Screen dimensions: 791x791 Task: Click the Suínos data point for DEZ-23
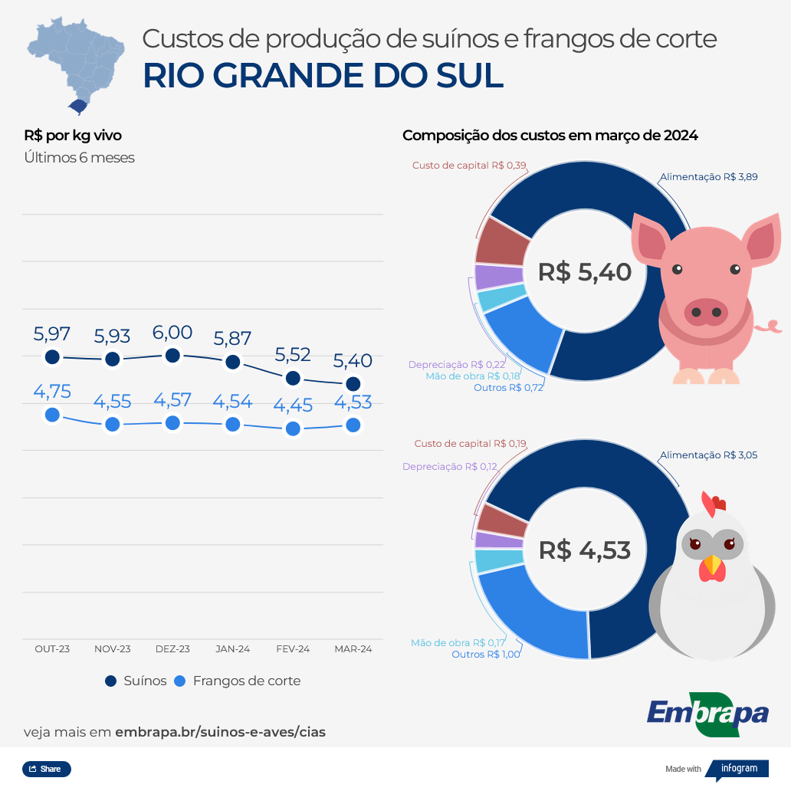172,356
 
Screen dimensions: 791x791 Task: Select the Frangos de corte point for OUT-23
52,415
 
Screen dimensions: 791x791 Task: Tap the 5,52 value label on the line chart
293,355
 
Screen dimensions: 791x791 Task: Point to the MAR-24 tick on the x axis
353,648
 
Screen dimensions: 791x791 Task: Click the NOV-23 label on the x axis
113,648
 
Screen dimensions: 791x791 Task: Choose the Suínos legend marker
110,681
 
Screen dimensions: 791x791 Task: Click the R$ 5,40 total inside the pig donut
585,272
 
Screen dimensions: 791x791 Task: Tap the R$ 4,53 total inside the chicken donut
585,550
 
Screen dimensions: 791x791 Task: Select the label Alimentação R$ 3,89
709,177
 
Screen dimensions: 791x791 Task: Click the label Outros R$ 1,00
486,654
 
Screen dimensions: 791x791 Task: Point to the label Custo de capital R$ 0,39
469,166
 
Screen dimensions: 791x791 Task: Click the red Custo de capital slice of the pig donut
501,242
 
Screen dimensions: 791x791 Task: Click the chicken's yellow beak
713,566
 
